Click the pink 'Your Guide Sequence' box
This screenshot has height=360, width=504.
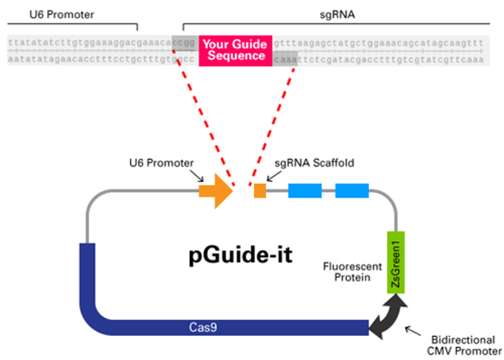(235, 50)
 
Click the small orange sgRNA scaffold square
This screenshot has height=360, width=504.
(260, 191)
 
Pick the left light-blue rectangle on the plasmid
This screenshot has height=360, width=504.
(304, 191)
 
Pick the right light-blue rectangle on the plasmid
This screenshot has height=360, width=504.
(352, 191)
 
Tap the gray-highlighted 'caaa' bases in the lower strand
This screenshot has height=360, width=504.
(285, 59)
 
